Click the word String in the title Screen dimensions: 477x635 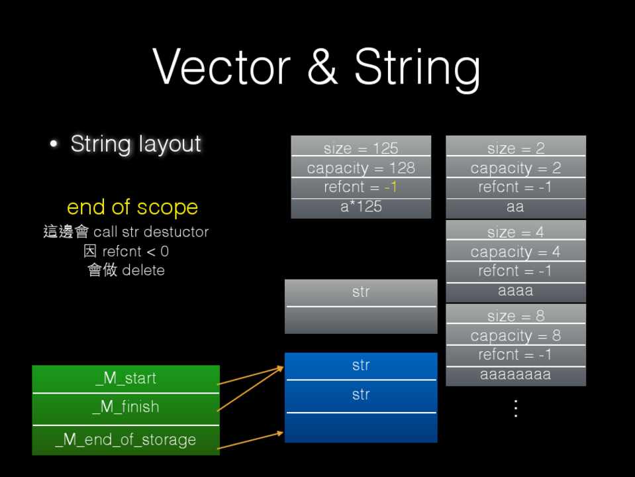pyautogui.click(x=417, y=68)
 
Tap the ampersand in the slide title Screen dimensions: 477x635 pyautogui.click(x=322, y=68)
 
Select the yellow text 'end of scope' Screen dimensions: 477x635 pyautogui.click(x=132, y=207)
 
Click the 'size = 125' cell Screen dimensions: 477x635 pyautogui.click(x=361, y=148)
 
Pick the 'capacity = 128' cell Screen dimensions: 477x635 pyautogui.click(x=361, y=168)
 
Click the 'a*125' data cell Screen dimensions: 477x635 pyautogui.click(x=361, y=207)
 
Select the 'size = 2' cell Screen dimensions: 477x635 pyautogui.click(x=515, y=148)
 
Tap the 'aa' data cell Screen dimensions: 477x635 pyautogui.click(x=515, y=207)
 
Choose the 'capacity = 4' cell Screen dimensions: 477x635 pyautogui.click(x=515, y=252)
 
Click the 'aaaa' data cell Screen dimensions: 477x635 pyautogui.click(x=515, y=290)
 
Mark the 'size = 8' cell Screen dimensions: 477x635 pyautogui.click(x=515, y=316)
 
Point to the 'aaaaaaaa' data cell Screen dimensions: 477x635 pyautogui.click(x=515, y=375)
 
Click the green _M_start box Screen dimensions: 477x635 pyautogui.click(x=126, y=378)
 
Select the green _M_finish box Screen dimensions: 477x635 pyautogui.click(x=126, y=407)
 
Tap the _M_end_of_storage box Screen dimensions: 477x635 pyautogui.click(x=126, y=440)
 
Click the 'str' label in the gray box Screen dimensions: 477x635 pyautogui.click(x=361, y=291)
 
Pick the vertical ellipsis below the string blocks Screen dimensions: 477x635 pyautogui.click(x=515, y=407)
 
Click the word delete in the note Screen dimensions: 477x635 pyautogui.click(x=143, y=270)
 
